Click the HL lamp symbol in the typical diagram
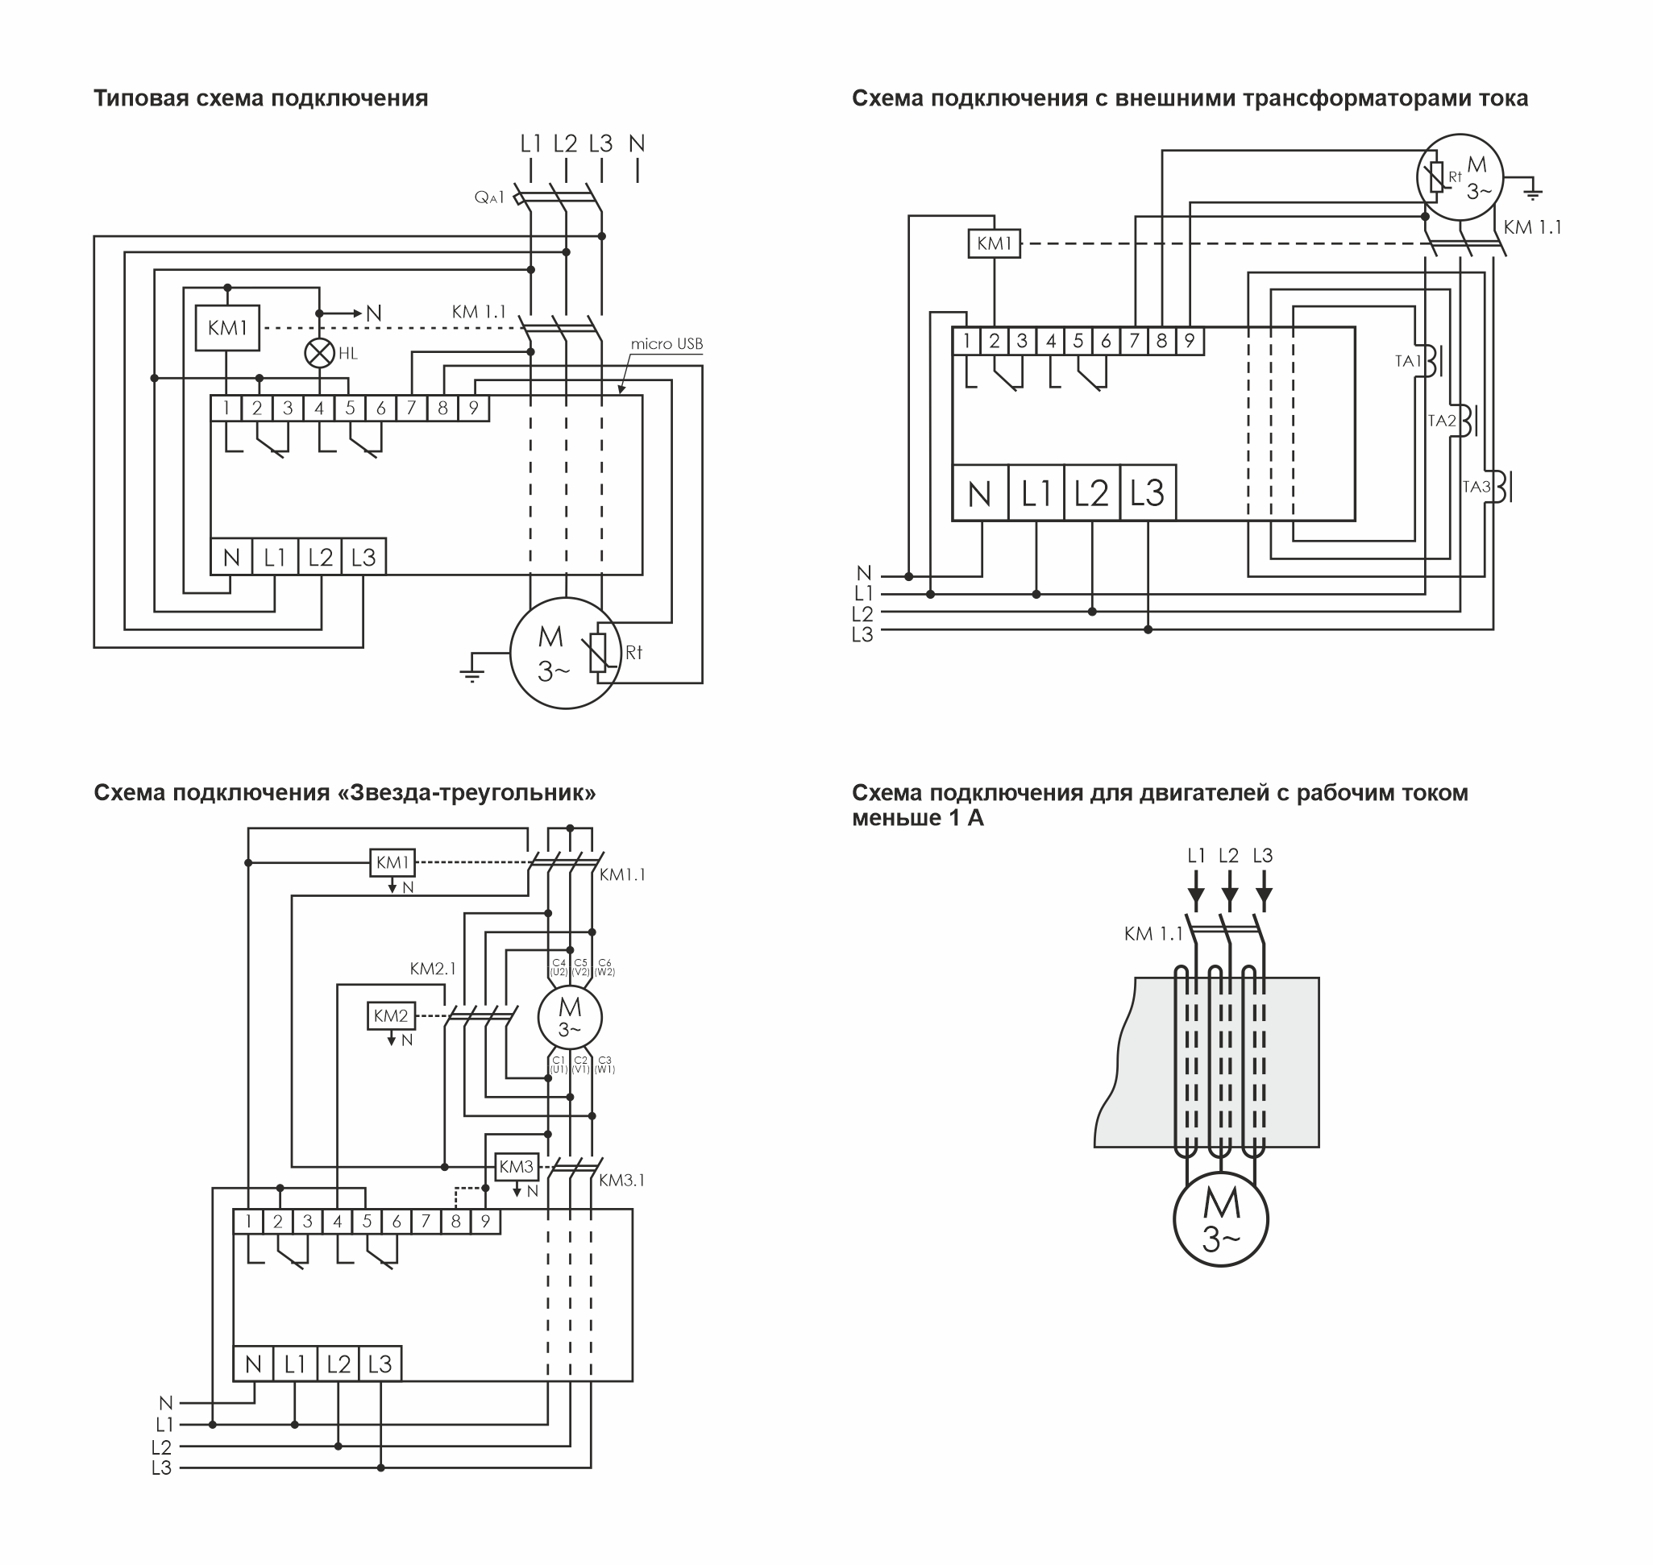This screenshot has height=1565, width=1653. [318, 354]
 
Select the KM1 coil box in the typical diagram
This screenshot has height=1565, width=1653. [227, 328]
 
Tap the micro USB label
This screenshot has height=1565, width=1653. [666, 343]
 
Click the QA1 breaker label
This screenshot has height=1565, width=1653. [490, 197]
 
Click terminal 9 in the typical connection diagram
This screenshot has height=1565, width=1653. [473, 408]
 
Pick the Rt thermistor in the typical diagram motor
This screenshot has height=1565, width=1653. [598, 653]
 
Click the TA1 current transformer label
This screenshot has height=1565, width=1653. [1408, 361]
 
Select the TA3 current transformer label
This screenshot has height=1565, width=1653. [1476, 487]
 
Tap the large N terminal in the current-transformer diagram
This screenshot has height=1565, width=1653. [979, 494]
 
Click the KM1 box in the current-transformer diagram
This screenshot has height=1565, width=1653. [994, 243]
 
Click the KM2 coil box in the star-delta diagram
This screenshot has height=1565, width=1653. [391, 1016]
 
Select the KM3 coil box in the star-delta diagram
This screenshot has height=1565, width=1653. [516, 1167]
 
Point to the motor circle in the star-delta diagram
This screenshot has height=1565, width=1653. [569, 1017]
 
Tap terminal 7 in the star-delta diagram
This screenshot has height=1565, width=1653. [426, 1223]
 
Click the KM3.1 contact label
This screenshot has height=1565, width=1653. [621, 1181]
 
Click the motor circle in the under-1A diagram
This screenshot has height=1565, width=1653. [1221, 1218]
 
